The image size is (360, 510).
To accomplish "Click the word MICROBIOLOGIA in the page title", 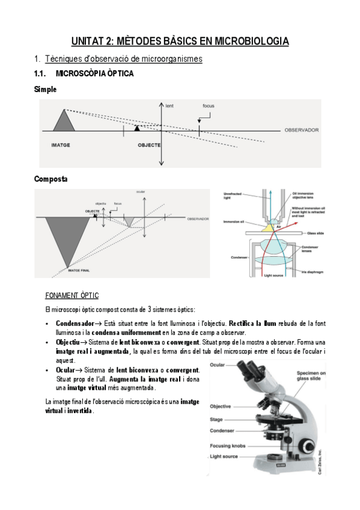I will [x=245, y=41].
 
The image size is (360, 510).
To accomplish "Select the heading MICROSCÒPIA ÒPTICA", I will [x=94, y=74].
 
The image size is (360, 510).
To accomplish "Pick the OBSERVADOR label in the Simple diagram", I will [x=301, y=130].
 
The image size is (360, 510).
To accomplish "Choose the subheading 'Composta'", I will [x=51, y=179].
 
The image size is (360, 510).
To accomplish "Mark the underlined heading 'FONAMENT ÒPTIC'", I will [x=72, y=296].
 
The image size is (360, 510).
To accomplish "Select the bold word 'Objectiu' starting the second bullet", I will [x=68, y=342].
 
